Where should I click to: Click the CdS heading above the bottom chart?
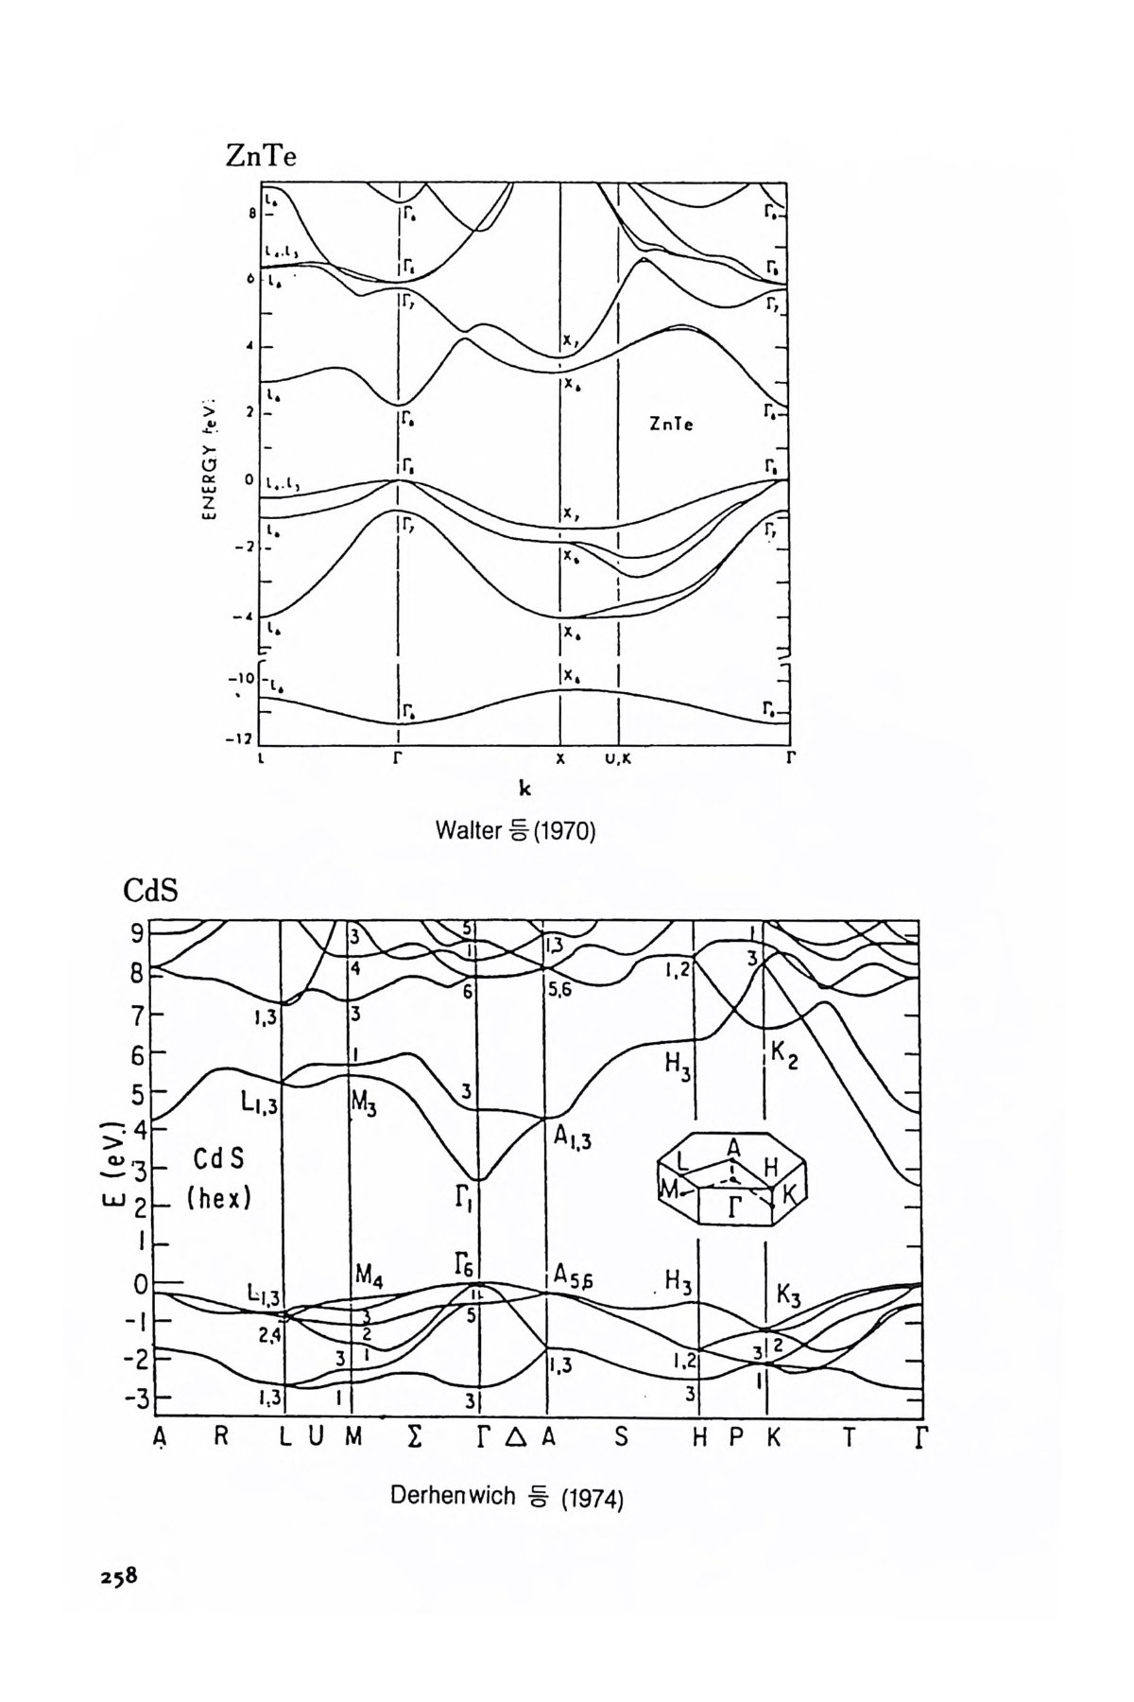click(150, 891)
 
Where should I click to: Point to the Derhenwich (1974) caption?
click(507, 1497)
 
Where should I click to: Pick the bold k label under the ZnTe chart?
click(524, 790)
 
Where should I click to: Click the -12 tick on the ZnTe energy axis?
click(243, 738)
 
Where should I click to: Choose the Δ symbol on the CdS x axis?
click(515, 1439)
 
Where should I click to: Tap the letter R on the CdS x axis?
click(221, 1438)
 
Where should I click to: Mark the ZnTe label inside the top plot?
click(671, 425)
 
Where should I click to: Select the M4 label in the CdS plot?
click(369, 1277)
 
